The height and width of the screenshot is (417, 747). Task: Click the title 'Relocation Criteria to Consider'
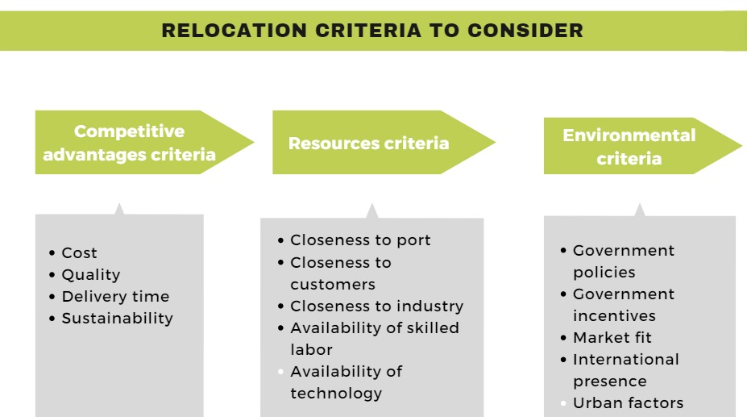[372, 31]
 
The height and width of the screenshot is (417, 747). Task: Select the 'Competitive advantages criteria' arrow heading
[130, 143]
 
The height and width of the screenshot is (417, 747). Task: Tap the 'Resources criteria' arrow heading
[368, 144]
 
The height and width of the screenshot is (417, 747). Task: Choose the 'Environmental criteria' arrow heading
[629, 147]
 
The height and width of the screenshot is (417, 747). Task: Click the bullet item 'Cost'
[79, 253]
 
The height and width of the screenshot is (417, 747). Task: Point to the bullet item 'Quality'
[90, 275]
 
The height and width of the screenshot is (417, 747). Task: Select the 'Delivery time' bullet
[115, 297]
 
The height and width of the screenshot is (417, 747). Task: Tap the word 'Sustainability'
[117, 319]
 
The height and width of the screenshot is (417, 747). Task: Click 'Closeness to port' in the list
[360, 240]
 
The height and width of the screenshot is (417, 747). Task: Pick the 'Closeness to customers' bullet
[340, 273]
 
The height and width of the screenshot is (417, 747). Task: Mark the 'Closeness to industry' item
[376, 306]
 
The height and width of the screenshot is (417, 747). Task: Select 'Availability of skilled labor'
[374, 339]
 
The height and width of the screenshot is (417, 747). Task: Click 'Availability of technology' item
[346, 382]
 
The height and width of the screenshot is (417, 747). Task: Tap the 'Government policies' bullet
[623, 261]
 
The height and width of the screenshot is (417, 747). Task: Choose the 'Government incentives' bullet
[623, 305]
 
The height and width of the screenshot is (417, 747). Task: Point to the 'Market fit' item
[612, 338]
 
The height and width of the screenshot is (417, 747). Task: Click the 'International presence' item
[625, 370]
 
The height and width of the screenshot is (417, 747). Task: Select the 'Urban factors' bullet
[628, 403]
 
